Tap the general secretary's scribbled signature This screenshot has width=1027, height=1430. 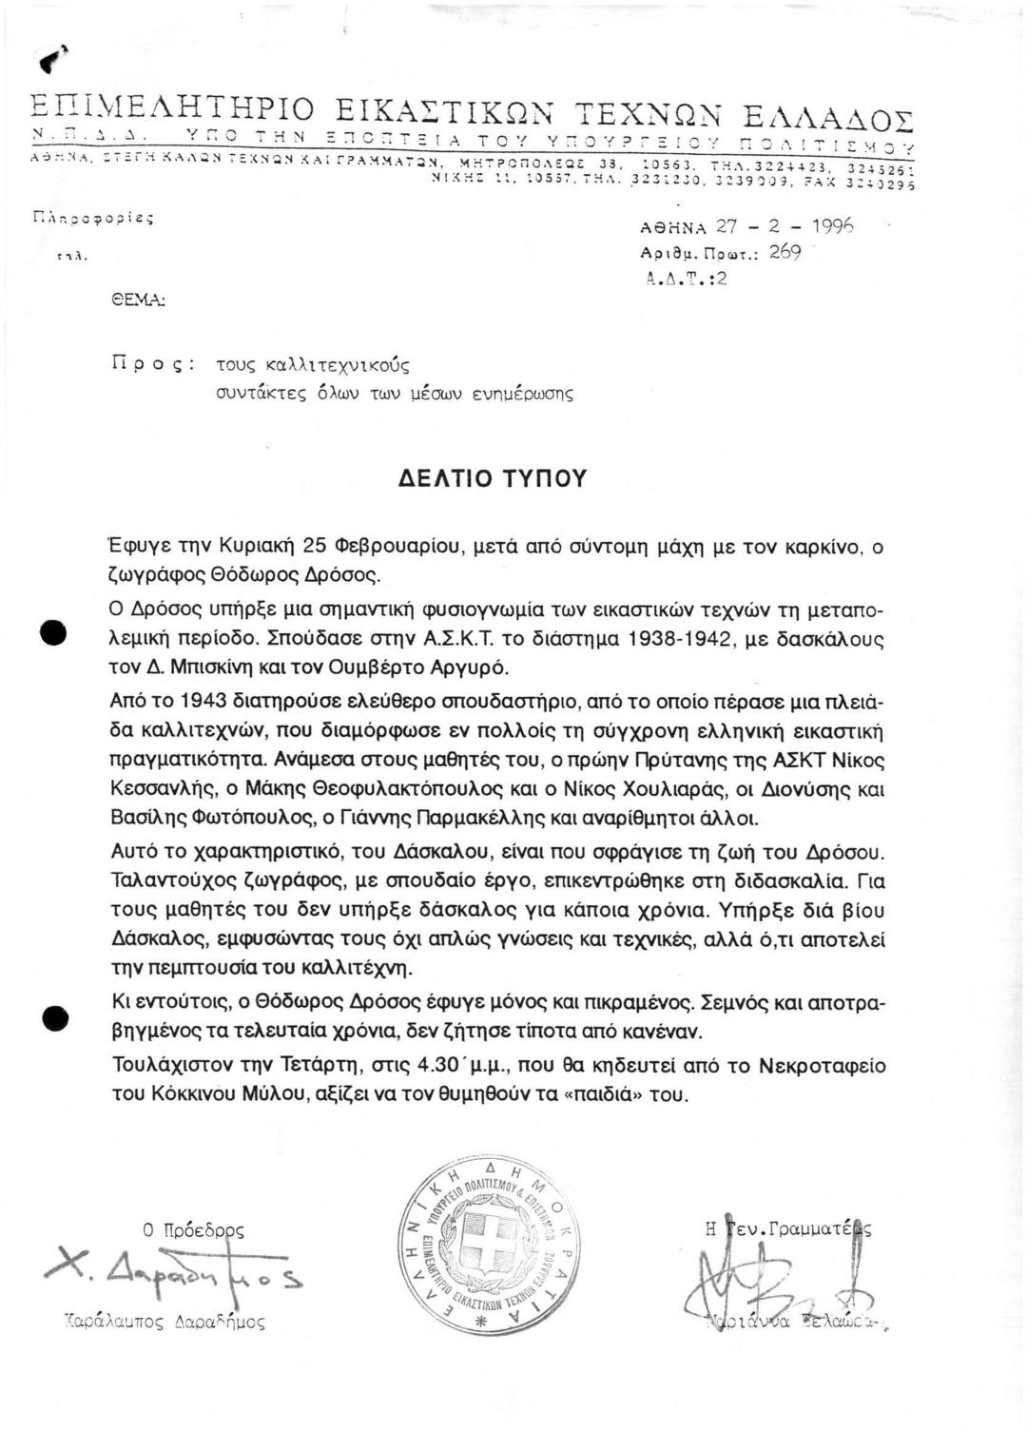coord(737,1269)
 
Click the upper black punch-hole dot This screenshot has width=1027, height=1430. coord(54,634)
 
